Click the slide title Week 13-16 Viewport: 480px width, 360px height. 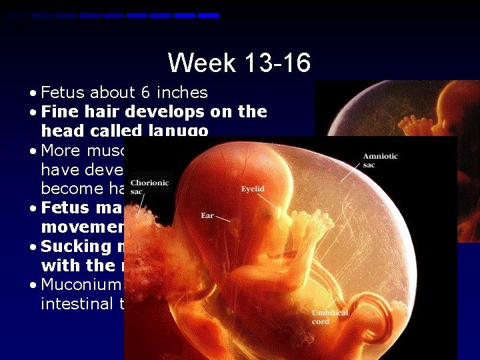pos(239,63)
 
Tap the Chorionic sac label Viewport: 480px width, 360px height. pos(145,187)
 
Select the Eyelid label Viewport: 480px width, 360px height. pos(253,189)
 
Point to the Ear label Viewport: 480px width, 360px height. pos(207,215)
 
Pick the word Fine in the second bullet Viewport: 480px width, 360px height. pos(57,112)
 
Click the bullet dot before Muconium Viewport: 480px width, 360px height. pos(33,285)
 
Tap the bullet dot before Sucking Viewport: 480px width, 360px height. pos(33,247)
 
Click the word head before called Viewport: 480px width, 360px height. pos(61,131)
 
